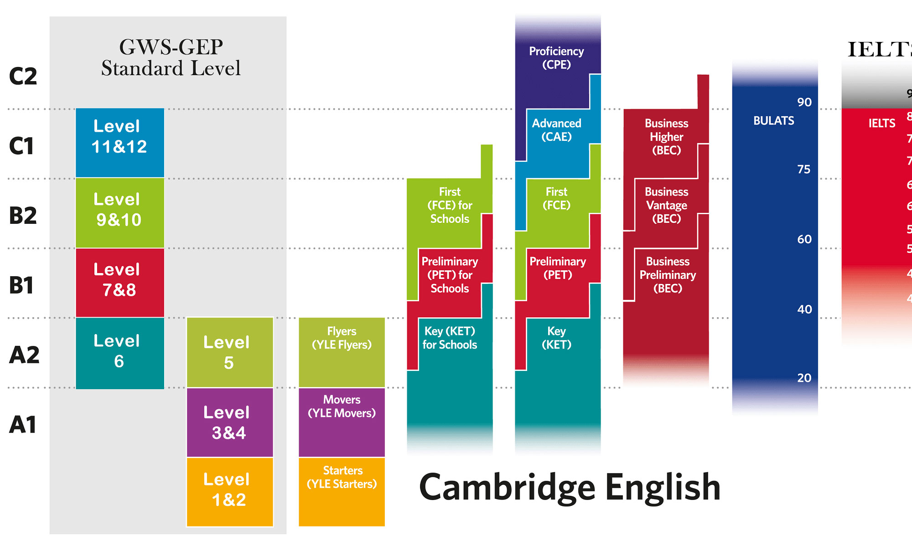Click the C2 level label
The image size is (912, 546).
coord(23,76)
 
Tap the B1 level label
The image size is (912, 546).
coord(21,285)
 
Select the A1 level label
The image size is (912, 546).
coord(23,425)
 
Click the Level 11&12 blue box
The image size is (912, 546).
coord(119,142)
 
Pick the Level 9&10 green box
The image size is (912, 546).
coord(119,212)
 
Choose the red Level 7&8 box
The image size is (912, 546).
coord(119,282)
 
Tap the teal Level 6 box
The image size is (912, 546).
coord(119,353)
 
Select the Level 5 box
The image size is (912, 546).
coord(229,352)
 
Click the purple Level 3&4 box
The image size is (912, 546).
coord(229,422)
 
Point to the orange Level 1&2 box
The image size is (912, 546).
coord(229,492)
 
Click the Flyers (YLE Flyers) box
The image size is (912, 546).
coord(342,352)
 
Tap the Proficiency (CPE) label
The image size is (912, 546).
coord(556,58)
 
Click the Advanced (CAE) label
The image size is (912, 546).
coord(556,130)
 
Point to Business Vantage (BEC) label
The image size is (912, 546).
coord(666,205)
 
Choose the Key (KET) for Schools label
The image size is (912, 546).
coord(450,338)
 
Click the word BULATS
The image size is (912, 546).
coord(773,121)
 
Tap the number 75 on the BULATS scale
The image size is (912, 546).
coord(804,170)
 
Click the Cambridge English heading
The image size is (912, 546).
coord(570,487)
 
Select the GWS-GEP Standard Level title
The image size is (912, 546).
coord(171,58)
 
